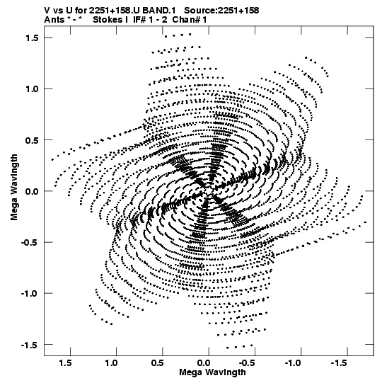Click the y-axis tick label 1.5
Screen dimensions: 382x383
32,38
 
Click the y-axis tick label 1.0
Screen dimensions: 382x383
32,89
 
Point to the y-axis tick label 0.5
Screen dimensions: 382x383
32,140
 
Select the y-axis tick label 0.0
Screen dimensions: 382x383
32,191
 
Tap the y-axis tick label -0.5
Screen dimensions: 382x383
30,242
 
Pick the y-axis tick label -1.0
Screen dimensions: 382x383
30,293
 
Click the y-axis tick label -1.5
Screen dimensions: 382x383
30,345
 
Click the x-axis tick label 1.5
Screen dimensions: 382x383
65,363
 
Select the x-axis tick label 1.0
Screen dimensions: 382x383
111,363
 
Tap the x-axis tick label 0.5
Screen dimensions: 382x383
158,363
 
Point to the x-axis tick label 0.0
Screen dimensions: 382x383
204,363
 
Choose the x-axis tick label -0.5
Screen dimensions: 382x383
248,363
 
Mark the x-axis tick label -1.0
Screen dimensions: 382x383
294,363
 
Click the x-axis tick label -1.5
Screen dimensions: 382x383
340,363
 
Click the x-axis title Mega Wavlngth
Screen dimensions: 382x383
212,373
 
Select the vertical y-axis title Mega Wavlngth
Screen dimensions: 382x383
14,188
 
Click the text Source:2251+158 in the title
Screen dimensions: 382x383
221,10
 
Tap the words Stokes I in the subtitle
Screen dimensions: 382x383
110,20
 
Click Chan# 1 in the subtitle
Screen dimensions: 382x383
190,20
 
